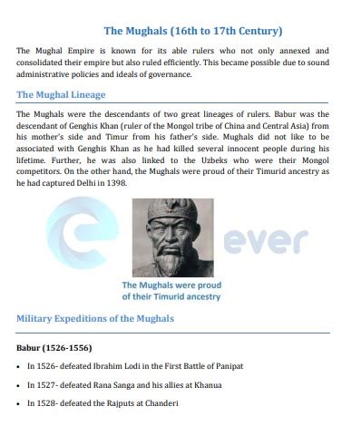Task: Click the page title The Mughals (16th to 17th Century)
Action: (180, 31)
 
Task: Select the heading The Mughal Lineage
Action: (61, 94)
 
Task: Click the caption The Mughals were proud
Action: (172, 289)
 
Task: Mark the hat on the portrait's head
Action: (173, 210)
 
